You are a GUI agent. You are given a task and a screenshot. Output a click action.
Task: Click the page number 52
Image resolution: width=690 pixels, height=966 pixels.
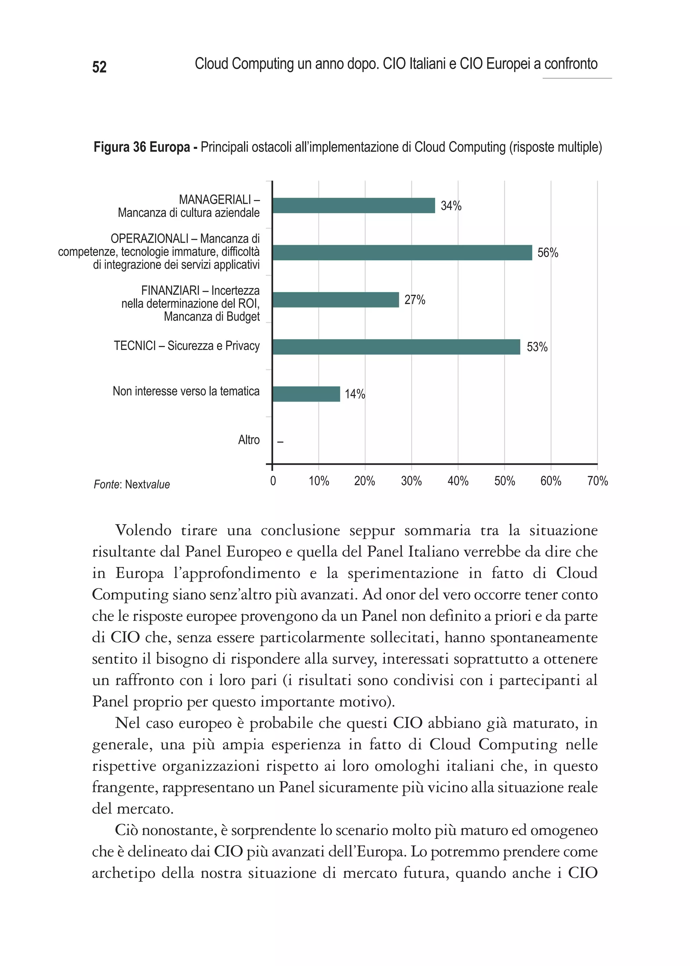point(99,67)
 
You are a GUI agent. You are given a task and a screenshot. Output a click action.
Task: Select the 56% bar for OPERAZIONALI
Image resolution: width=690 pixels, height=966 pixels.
point(402,253)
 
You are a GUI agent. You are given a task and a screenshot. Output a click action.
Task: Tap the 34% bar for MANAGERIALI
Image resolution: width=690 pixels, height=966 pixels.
point(353,205)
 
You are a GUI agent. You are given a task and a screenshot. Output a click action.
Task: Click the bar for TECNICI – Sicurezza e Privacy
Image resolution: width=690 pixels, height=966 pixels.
point(396,347)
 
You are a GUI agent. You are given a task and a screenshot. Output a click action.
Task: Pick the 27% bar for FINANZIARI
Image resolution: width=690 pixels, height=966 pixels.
point(336,300)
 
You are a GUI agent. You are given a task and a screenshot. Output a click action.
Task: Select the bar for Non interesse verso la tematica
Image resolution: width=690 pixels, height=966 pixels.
point(306,394)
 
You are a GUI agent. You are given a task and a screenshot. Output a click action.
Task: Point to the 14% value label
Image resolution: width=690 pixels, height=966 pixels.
point(355,394)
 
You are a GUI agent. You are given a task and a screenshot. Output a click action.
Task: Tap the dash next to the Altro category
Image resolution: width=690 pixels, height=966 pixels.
point(280,442)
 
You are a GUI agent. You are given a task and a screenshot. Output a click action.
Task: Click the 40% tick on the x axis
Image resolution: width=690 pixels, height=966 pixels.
point(458,481)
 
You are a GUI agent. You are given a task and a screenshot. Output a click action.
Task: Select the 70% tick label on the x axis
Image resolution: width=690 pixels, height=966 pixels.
point(597,481)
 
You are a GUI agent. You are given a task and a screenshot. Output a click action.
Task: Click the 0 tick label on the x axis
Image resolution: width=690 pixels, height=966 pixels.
point(273,481)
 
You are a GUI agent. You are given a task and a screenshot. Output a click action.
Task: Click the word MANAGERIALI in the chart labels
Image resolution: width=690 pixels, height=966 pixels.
point(215,199)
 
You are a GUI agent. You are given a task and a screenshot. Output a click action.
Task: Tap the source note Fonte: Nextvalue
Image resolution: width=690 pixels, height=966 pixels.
point(132,485)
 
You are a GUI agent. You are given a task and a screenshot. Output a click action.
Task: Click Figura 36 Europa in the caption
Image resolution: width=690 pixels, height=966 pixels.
point(142,148)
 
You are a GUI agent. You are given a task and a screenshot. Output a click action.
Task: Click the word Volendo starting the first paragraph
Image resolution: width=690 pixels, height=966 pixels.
point(143,530)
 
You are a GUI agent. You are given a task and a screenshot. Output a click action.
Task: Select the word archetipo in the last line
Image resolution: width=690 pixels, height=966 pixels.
point(124,873)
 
